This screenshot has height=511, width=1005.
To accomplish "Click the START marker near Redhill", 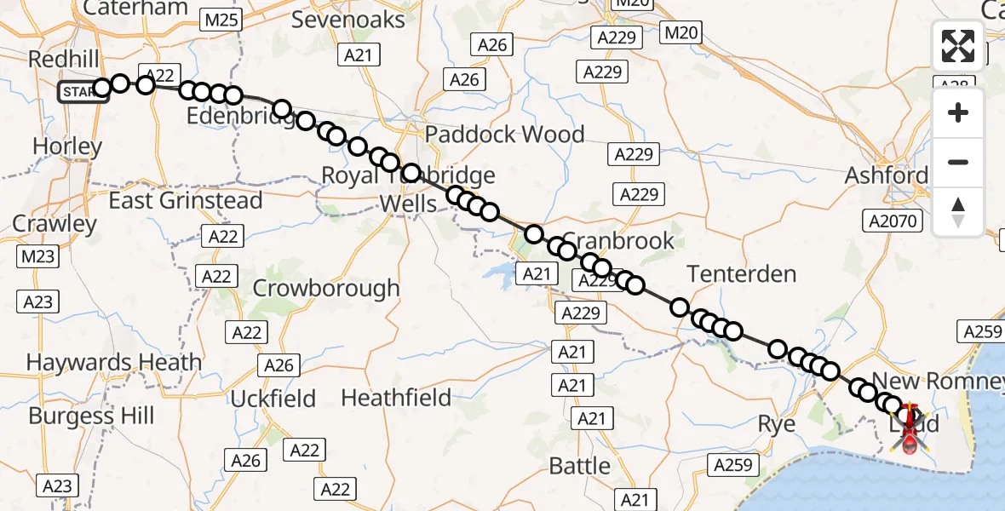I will [83, 91].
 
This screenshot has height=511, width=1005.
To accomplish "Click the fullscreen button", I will [958, 46].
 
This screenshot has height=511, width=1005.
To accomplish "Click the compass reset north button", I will [958, 211].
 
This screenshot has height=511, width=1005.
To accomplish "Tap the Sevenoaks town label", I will [348, 19].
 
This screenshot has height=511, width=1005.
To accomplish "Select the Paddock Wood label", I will [504, 134].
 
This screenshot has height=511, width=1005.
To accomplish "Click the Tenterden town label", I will [741, 274].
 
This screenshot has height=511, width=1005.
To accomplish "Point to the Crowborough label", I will [325, 288].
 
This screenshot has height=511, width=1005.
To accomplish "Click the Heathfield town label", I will [396, 397].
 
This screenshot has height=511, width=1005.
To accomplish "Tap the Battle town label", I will [579, 466].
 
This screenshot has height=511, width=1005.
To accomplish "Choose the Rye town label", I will [777, 423].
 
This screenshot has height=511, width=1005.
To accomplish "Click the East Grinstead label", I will [186, 201].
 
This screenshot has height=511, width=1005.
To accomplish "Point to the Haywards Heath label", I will [113, 362].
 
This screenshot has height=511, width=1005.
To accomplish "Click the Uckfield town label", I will [273, 399].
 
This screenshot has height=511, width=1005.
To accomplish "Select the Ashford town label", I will [887, 175].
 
